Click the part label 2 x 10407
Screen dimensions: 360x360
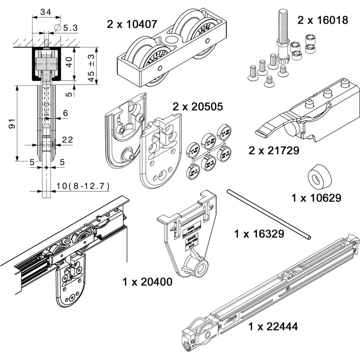point(132,24)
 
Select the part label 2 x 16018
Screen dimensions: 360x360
point(323,20)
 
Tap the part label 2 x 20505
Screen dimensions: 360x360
point(198,107)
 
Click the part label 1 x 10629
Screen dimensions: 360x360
point(316,198)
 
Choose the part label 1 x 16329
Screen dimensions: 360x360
point(259,233)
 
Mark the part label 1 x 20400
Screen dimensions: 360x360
point(148,282)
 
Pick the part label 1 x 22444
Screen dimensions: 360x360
point(273,327)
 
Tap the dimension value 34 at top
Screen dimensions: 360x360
point(45,12)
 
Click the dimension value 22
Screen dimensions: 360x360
point(67,140)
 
